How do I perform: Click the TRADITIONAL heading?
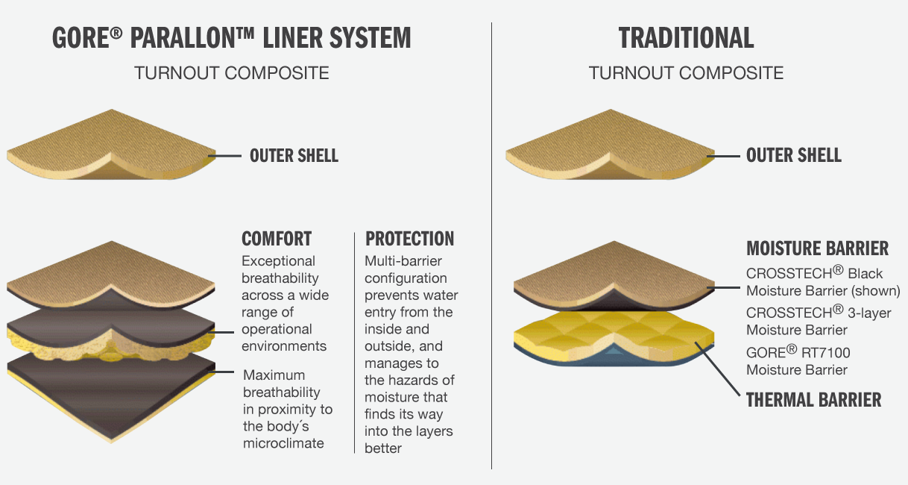686,37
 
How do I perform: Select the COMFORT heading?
277,240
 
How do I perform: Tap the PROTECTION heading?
409,240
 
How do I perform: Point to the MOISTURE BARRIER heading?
817,248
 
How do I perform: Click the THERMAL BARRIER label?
813,400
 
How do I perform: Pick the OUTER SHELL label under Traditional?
794,155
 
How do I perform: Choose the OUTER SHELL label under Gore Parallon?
294,155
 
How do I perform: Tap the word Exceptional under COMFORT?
278,261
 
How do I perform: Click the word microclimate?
283,443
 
